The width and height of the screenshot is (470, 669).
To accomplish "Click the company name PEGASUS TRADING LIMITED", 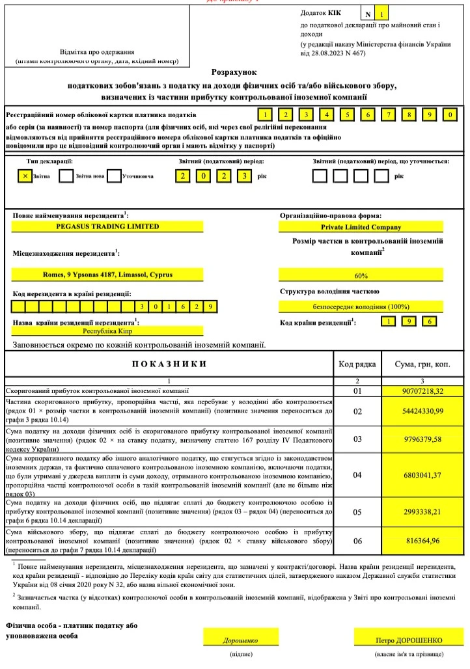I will click(107, 226).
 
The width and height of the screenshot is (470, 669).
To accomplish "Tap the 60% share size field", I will click(361, 275).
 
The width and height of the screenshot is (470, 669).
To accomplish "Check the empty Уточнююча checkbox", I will click(114, 176).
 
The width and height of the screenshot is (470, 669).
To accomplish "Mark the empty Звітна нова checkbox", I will click(66, 176).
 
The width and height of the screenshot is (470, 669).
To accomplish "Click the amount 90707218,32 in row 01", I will click(422, 390).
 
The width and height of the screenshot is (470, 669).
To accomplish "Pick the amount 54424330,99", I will click(422, 411).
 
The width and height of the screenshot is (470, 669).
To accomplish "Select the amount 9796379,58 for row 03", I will click(422, 439).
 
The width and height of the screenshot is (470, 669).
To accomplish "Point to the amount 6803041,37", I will click(422, 474).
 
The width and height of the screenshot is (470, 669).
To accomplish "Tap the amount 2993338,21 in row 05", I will click(422, 512).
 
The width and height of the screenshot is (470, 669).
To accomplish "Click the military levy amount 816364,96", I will click(422, 540).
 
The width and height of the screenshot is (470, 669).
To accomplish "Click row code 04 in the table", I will click(357, 474).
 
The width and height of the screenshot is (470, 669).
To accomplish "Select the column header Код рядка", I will click(357, 364).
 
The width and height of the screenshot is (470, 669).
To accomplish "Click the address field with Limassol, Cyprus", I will click(107, 275).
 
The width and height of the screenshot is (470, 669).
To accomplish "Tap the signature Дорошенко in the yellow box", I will click(241, 640).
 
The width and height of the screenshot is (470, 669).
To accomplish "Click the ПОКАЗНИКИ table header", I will click(169, 364).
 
